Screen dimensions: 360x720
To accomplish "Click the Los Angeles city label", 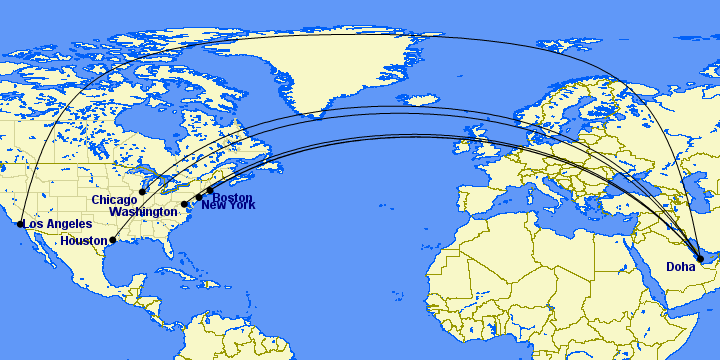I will coord(58,224).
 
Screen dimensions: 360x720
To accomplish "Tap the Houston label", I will coord(83,241).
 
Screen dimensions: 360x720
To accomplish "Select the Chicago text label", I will coord(114,200).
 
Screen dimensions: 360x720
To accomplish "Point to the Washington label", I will coord(144,212).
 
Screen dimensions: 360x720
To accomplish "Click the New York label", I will coord(228,205).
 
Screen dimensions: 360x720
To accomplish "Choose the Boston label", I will coord(232,197).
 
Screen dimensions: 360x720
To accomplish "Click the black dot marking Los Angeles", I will coord(20,224).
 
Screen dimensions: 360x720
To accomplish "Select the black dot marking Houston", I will coord(113,240).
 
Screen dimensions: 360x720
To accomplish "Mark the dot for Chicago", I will coord(143,191).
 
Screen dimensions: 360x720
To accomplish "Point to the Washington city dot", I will coord(185,204).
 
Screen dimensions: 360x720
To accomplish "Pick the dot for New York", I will coord(198,198).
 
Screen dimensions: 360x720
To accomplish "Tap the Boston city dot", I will coord(210,190).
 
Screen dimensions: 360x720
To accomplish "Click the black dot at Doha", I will coord(700,259).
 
